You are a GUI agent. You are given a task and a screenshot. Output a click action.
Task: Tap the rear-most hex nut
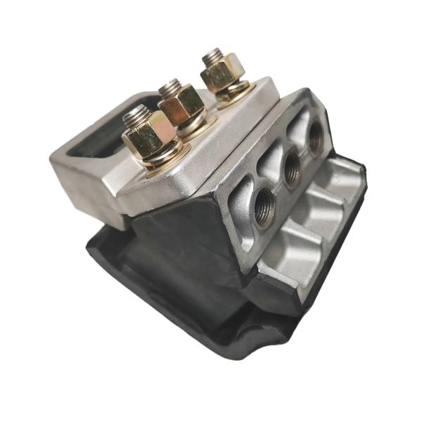pos(219,72)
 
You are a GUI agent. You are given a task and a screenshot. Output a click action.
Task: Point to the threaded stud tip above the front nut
pos(135,112)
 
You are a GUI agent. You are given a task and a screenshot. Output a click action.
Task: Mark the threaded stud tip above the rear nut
pos(213,54)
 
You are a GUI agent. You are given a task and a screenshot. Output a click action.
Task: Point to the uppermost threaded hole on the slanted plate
pos(315,135)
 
